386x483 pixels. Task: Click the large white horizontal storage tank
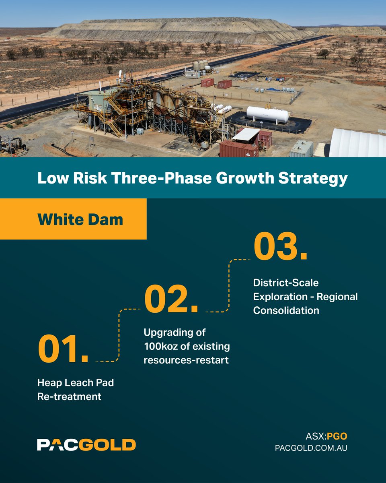point(267,114)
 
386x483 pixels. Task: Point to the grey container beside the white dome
point(301,149)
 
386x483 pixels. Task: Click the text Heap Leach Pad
point(76,382)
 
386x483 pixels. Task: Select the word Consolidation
point(286,310)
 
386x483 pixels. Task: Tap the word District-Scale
point(285,283)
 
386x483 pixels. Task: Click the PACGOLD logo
point(86,445)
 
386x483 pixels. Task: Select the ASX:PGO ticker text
point(326,436)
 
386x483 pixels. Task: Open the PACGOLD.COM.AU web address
point(311,448)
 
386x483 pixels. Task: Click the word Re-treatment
point(69,396)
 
